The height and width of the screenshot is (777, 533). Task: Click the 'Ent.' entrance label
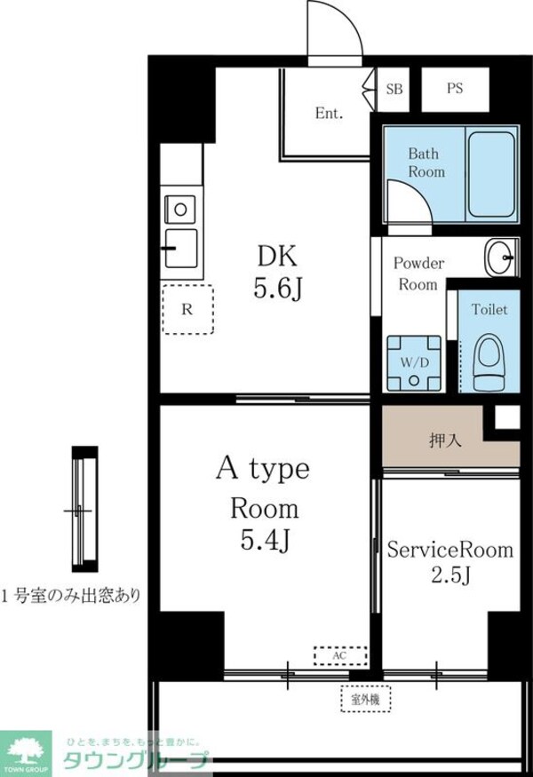[330, 114]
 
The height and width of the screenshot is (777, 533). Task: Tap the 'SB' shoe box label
[394, 89]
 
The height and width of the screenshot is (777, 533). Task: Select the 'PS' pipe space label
[455, 89]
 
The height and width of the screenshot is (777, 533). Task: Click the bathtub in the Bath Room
[491, 175]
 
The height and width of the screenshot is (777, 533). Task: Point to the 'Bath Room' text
[426, 163]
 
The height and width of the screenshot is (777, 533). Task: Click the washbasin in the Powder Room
[499, 258]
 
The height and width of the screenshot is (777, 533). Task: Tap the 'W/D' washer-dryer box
[413, 362]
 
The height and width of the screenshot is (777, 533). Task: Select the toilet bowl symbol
[489, 362]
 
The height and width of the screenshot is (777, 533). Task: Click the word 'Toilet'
[489, 310]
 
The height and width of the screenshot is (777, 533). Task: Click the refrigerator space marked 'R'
[187, 310]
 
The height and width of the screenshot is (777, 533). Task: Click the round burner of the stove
[180, 210]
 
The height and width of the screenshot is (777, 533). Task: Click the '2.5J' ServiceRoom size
[449, 576]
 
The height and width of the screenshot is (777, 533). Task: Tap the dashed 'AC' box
[340, 655]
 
